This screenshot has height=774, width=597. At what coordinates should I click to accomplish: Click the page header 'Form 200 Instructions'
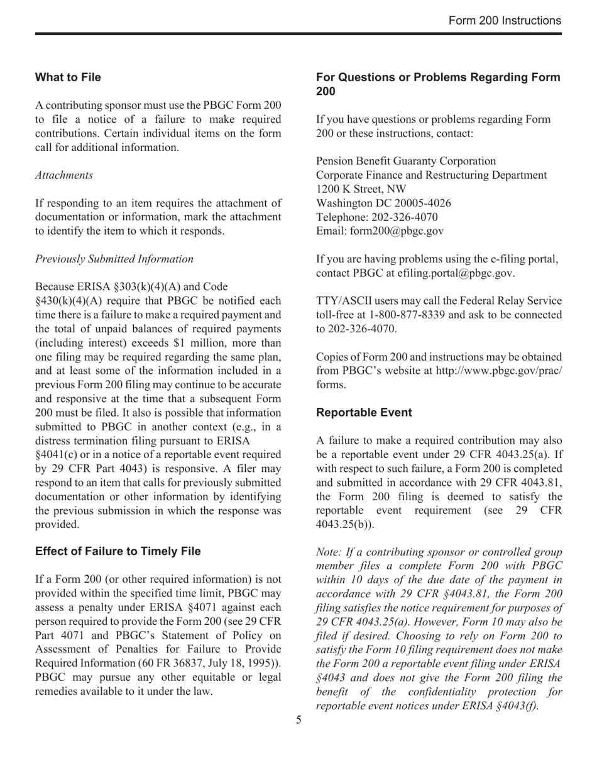[x=505, y=21]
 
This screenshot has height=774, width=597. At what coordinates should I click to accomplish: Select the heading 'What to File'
[x=68, y=77]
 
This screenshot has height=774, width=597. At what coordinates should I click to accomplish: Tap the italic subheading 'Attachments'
[x=64, y=175]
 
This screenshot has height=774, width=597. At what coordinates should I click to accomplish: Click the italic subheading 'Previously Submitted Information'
[x=114, y=259]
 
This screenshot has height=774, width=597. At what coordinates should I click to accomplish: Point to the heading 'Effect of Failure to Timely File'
[x=118, y=551]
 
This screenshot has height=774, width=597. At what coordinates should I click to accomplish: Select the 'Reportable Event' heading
[x=364, y=413]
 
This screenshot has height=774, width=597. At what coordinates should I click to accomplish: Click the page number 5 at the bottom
[x=298, y=720]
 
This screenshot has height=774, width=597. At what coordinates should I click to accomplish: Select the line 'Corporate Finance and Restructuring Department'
[x=431, y=176]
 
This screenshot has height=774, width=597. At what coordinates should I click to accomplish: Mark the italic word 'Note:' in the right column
[x=330, y=552]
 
